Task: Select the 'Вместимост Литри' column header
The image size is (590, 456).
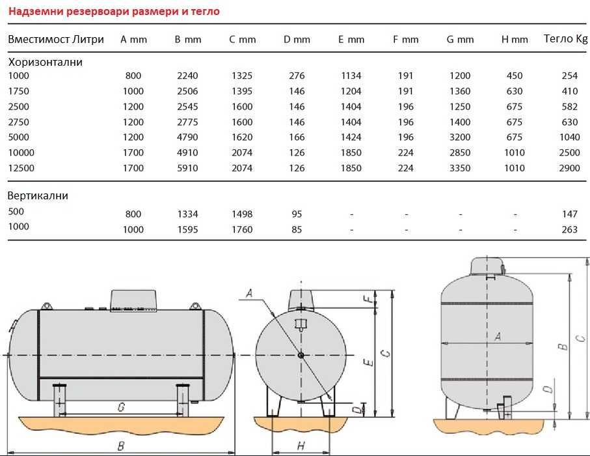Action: (56, 39)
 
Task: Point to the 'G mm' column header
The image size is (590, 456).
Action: (460, 39)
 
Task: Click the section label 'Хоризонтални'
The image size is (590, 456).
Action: (45, 63)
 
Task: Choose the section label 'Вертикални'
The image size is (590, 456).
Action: (38, 195)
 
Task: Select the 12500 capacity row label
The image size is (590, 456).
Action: (21, 167)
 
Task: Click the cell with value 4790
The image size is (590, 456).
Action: (187, 137)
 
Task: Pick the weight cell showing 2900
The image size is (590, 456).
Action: (569, 168)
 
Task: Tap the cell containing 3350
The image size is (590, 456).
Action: (460, 168)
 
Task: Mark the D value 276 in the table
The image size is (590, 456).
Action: (297, 76)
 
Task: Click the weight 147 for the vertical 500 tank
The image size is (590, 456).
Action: (569, 214)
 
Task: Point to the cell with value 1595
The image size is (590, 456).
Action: (187, 229)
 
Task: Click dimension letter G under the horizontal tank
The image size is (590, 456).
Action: (121, 407)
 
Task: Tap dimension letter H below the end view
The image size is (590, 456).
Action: (301, 446)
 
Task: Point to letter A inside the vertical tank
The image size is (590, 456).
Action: (498, 336)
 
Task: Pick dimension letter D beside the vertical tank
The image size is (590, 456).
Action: (548, 390)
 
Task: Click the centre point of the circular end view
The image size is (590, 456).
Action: (301, 355)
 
